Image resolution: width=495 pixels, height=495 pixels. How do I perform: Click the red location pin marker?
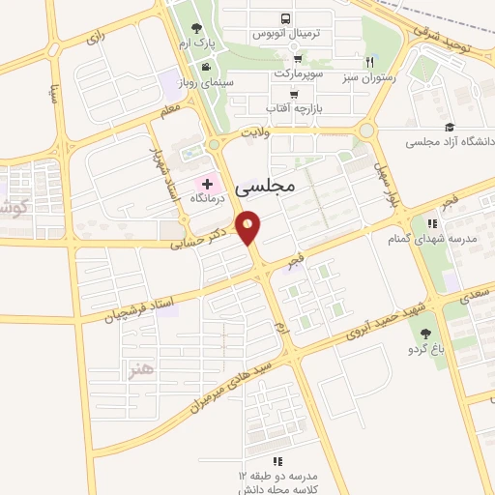[x=250, y=227]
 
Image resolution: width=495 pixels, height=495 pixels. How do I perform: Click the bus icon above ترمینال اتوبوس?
[x=285, y=18]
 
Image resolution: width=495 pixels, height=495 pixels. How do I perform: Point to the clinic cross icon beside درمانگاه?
[x=207, y=182]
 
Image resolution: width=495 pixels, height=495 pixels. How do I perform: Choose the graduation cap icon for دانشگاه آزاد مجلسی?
[x=450, y=127]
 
